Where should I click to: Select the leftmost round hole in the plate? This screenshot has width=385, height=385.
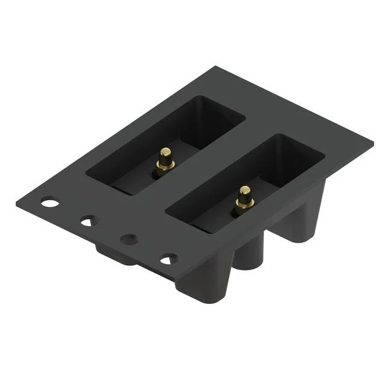click(x=50, y=202)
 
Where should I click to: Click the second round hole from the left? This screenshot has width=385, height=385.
click(x=89, y=221)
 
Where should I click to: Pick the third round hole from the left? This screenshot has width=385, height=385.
click(x=129, y=239)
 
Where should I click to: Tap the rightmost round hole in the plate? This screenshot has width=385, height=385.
click(x=169, y=259)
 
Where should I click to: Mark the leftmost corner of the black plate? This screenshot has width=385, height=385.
click(x=17, y=202)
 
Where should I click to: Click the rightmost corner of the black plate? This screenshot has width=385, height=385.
click(x=372, y=144)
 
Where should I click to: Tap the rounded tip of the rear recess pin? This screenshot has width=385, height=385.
click(x=165, y=151)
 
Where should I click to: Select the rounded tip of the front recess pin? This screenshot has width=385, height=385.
click(x=245, y=190)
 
